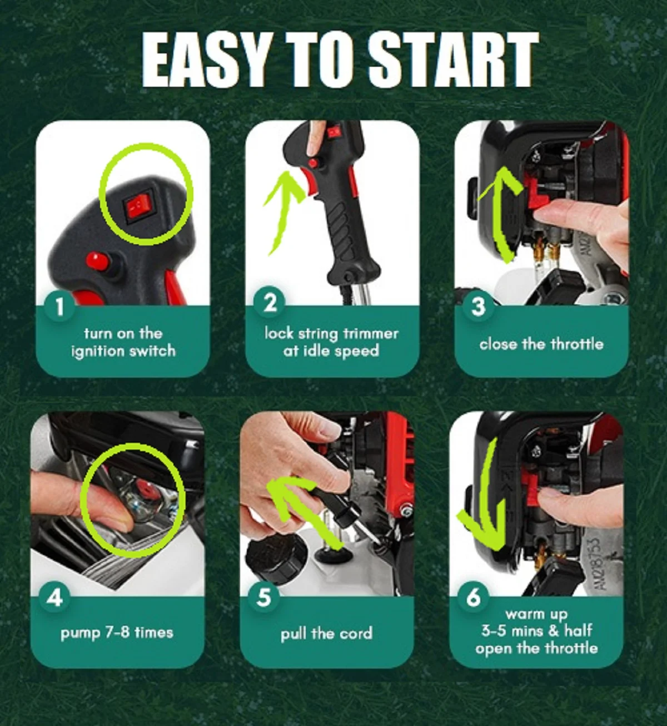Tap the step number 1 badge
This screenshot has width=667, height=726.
point(59,307)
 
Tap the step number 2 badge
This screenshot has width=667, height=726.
point(270,303)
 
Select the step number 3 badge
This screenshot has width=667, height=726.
point(478,307)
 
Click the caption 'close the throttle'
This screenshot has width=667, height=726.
point(541,343)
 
